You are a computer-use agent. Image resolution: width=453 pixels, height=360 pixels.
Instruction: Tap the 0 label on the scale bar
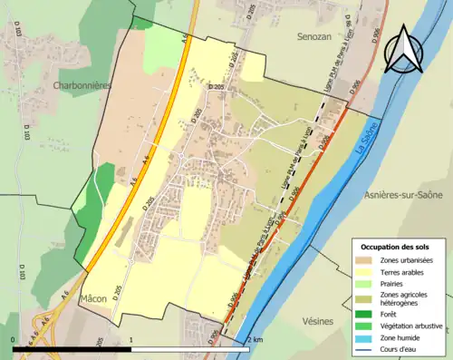point(14,340)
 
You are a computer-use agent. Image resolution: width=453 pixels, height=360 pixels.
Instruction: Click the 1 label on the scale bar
point(132,340)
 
